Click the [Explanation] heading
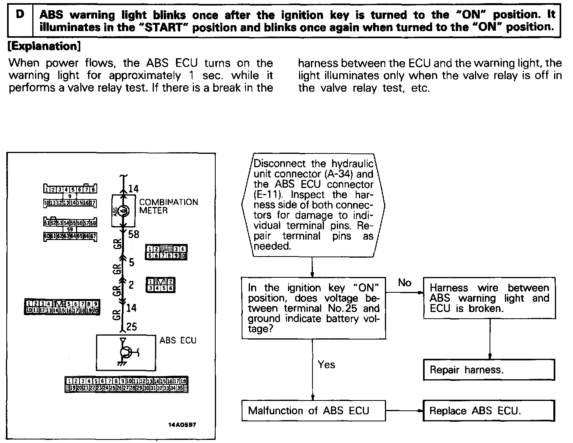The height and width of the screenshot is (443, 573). click(44, 46)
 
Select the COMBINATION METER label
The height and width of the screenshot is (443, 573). click(168, 206)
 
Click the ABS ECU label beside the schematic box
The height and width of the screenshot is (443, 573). click(178, 340)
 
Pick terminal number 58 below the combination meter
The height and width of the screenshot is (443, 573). click(134, 234)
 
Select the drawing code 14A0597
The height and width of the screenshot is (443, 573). click(182, 425)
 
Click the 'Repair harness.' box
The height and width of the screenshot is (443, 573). click(489, 370)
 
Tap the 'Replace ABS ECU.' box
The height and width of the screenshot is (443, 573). click(489, 411)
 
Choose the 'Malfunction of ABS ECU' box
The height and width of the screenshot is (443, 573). click(313, 411)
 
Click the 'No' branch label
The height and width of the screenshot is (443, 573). click(405, 283)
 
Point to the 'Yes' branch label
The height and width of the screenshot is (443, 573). click(326, 365)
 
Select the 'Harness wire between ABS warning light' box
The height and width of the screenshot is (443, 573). click(489, 298)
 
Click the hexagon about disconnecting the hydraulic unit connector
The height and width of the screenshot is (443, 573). click(313, 205)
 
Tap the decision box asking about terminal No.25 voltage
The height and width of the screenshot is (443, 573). click(313, 308)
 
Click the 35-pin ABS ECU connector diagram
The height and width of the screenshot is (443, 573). click(126, 384)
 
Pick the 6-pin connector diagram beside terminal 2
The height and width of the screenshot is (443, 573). click(161, 285)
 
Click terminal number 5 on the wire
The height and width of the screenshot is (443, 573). click(131, 262)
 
